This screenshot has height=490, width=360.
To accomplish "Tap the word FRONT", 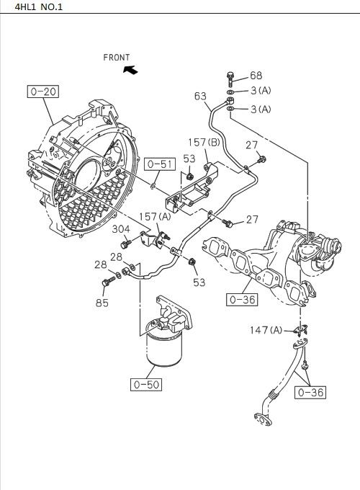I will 116,57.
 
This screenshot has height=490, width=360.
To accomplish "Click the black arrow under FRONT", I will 130,70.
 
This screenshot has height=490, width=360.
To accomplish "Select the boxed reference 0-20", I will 43,92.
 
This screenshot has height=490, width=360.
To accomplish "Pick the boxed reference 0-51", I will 160,164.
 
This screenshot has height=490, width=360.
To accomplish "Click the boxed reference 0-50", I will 146,384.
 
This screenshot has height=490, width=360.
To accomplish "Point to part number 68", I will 256,76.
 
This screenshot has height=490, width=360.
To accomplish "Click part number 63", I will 200,96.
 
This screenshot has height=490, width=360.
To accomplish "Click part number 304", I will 121,229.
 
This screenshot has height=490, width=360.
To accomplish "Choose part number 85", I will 102,303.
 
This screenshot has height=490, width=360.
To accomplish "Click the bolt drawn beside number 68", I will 230,76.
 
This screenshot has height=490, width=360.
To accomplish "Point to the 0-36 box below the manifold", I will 240,299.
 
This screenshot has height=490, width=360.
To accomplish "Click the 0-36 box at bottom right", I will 312,392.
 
